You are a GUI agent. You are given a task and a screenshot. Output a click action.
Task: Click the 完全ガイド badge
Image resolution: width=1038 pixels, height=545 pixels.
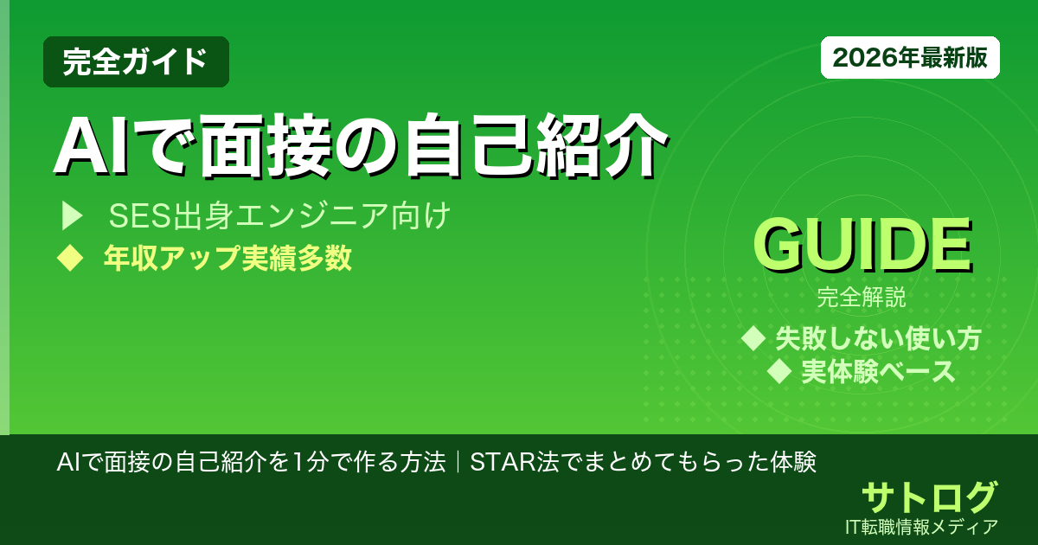tap(136, 61)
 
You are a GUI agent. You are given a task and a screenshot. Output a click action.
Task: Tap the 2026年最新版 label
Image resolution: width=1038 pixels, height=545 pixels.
tap(910, 58)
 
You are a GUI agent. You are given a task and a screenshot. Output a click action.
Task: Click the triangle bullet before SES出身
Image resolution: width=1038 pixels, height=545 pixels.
tap(71, 217)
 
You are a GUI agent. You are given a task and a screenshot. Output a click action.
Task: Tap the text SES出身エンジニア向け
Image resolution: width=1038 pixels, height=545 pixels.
tap(279, 217)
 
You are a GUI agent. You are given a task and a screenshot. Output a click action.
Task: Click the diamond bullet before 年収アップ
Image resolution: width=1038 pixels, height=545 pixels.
tap(69, 258)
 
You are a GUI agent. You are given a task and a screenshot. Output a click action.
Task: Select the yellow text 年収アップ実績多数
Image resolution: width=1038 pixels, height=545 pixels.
tap(227, 258)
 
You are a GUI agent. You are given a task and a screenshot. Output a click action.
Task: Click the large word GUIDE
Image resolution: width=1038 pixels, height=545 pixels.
tap(862, 247)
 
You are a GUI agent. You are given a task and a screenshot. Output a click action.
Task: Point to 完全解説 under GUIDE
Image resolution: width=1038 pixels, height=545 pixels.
tap(862, 300)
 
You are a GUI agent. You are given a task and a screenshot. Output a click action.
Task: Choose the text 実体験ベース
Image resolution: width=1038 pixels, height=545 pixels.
tap(878, 372)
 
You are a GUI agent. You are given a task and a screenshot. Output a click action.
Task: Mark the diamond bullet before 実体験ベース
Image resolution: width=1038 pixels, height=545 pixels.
tap(780, 372)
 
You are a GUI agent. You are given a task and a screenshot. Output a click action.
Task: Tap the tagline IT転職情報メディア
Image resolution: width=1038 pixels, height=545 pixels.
tap(923, 526)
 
